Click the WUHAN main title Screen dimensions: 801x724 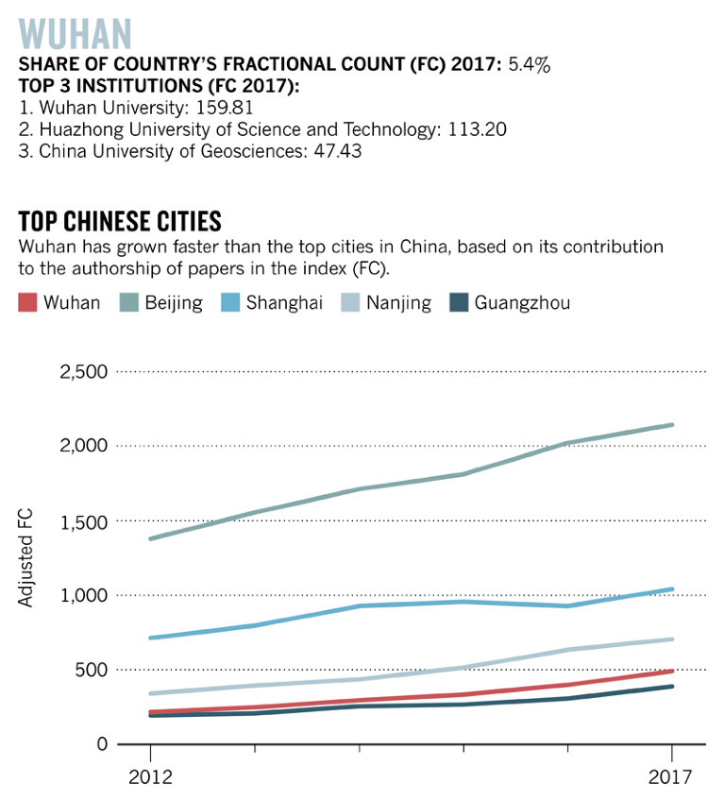75,33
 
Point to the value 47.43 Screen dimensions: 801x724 336,151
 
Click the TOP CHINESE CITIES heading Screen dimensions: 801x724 120,221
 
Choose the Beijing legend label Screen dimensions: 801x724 173,303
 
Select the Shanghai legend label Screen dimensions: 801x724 284,303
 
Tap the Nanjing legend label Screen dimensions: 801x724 399,303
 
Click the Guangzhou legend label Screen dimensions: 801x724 522,303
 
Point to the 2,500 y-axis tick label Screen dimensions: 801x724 84,371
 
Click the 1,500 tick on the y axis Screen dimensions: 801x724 84,520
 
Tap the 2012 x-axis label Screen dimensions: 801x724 149,778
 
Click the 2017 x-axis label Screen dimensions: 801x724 671,778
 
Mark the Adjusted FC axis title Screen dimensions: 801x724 26,557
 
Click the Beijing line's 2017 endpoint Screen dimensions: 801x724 671,425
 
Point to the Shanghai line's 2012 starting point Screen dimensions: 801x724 150,639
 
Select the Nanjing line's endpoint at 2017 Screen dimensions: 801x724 671,639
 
